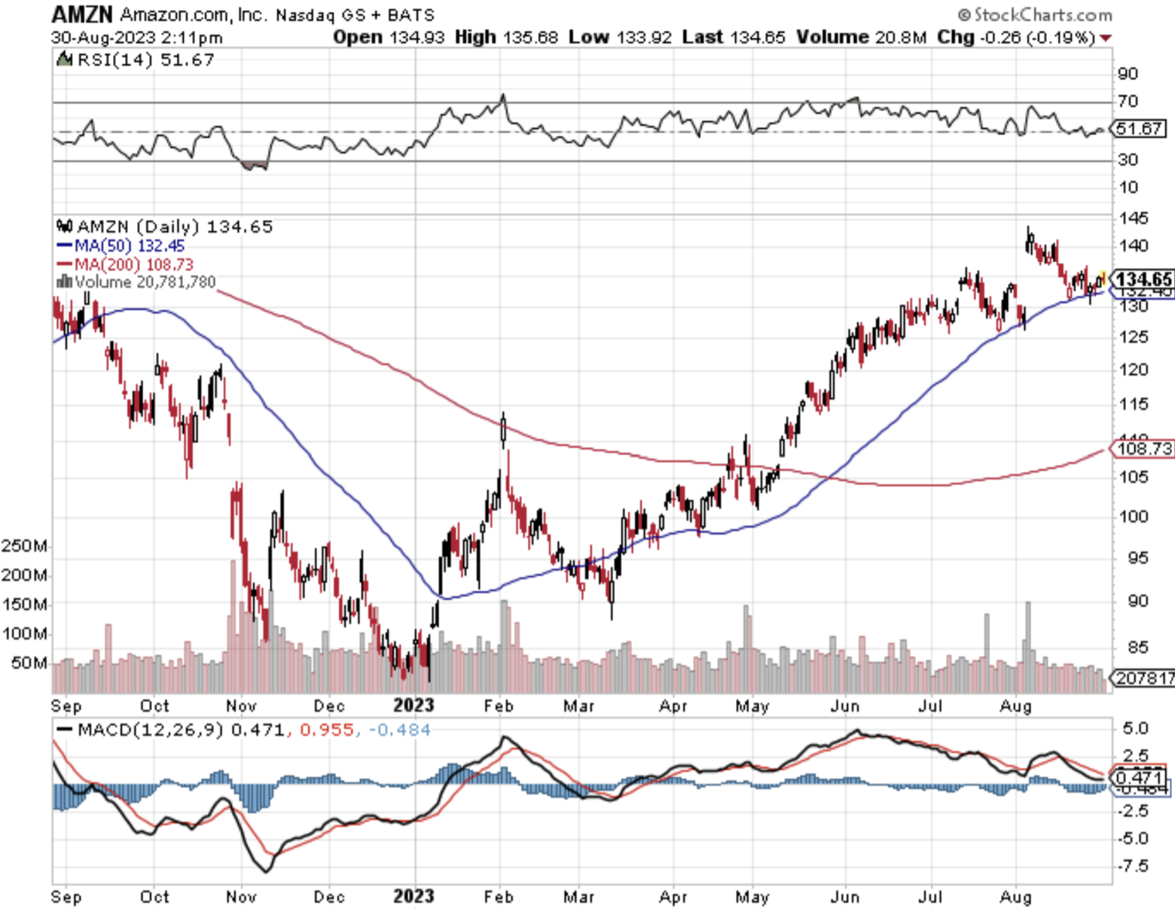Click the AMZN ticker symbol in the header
[81, 14]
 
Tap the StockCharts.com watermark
[1035, 15]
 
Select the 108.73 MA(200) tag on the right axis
[1144, 449]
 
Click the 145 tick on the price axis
[1134, 218]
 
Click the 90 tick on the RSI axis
[1128, 74]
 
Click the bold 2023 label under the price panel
[414, 705]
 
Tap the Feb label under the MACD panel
[498, 897]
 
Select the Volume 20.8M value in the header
[862, 37]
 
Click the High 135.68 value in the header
[506, 37]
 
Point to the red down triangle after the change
[1106, 38]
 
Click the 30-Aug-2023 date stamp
[103, 37]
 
